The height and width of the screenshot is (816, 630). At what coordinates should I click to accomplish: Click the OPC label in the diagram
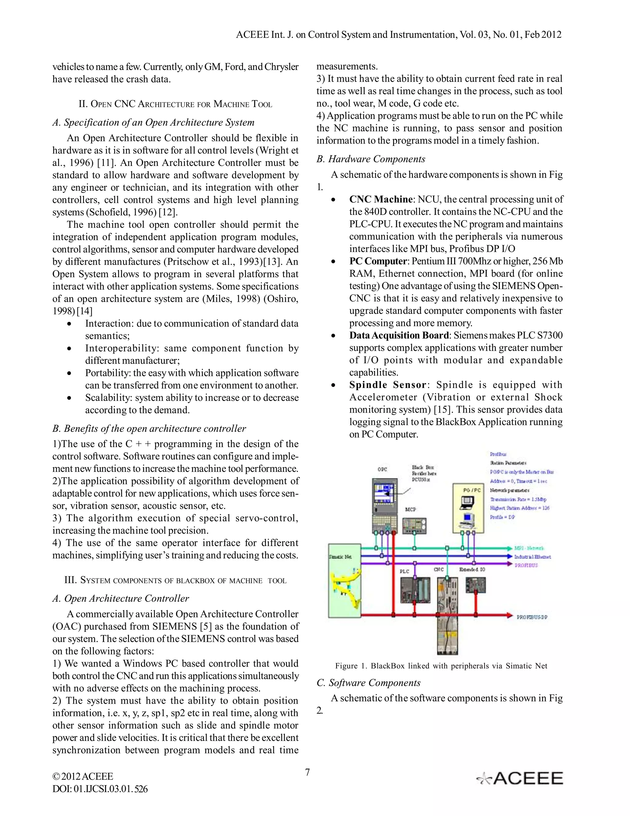(x=382, y=469)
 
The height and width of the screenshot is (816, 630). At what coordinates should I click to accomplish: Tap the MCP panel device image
(x=414, y=526)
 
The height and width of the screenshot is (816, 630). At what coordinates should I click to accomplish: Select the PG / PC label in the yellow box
(x=472, y=490)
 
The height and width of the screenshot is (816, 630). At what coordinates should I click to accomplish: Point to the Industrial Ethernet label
(x=532, y=557)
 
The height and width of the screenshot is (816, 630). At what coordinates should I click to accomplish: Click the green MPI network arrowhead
(x=509, y=548)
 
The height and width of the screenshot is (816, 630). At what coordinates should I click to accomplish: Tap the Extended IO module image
(x=476, y=585)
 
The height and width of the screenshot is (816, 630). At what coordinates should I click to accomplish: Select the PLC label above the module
(x=404, y=571)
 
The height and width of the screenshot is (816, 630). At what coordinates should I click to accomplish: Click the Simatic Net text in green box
(x=340, y=557)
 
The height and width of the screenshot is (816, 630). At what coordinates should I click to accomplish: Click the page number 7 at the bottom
(x=307, y=772)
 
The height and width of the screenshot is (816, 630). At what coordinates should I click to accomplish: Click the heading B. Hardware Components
(x=371, y=159)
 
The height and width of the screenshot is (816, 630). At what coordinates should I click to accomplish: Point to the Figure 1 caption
(x=441, y=666)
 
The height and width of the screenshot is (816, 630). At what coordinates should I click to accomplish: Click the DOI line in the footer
(x=100, y=789)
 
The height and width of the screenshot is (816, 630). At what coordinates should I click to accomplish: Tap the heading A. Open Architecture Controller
(x=121, y=599)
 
